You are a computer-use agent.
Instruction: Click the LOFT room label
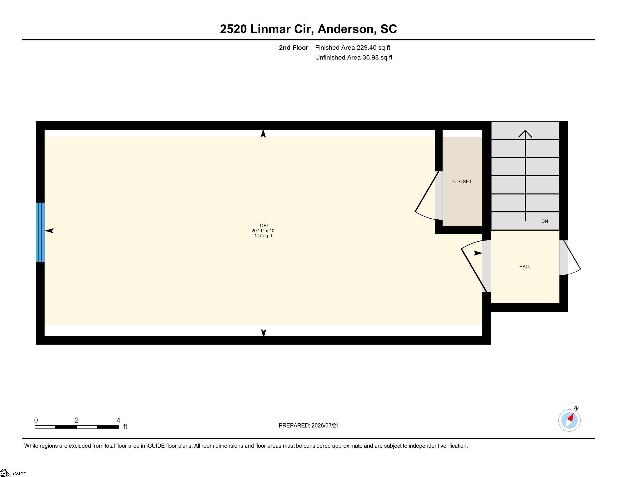(x=263, y=226)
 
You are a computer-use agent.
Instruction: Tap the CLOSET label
(x=462, y=182)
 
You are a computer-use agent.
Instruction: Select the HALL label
(x=525, y=267)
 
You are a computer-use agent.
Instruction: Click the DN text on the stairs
(x=544, y=221)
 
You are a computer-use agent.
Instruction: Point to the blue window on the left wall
(x=40, y=232)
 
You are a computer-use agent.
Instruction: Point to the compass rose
(x=569, y=420)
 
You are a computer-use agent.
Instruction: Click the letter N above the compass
(x=576, y=408)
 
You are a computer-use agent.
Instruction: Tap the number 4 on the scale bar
(x=118, y=420)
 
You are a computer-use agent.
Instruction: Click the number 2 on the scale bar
(x=77, y=420)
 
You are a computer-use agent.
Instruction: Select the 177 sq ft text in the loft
(x=263, y=236)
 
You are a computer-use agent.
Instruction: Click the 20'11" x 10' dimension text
(x=263, y=231)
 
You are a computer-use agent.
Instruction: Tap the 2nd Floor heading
(x=294, y=47)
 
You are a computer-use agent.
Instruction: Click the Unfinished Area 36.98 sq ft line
(x=354, y=57)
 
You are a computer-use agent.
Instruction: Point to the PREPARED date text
(x=308, y=425)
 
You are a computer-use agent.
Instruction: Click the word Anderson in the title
(x=347, y=29)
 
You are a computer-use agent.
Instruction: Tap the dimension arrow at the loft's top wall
(x=263, y=134)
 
